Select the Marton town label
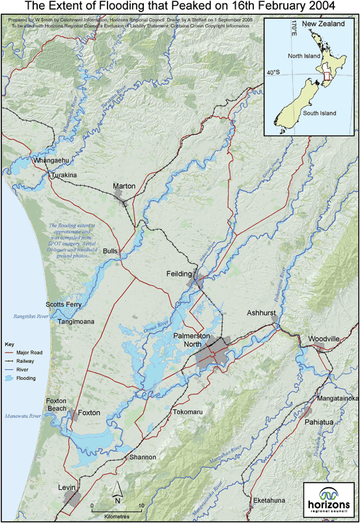tap(124, 186)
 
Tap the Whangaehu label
tap(49, 160)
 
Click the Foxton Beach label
tap(58, 405)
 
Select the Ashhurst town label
tap(262, 313)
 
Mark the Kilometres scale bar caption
tap(117, 516)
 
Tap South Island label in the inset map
tap(319, 114)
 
